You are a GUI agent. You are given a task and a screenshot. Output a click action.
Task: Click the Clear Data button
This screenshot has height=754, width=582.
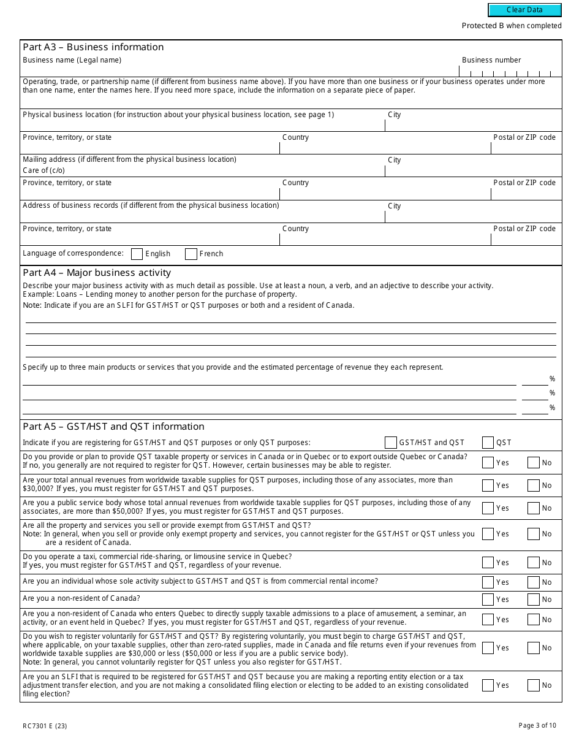(524, 10)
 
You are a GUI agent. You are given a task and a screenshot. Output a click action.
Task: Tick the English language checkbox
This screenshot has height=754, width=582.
(137, 254)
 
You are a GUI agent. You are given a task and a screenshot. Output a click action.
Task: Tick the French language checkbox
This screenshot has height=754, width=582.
(191, 254)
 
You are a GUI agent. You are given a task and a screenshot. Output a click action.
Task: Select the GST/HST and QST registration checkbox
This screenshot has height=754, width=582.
(391, 443)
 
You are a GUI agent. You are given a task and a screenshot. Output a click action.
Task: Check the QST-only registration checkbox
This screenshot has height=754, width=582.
(488, 443)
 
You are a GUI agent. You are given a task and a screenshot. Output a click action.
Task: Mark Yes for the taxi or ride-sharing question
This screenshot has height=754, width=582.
(488, 563)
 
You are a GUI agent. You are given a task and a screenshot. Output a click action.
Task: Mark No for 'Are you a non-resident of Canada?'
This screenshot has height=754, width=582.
(533, 600)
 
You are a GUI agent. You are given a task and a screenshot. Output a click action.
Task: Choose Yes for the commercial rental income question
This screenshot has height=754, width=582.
(488, 582)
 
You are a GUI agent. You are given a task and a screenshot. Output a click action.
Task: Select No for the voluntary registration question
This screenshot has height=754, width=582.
(533, 648)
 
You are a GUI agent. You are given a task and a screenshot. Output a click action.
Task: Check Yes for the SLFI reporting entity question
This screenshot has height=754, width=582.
(488, 685)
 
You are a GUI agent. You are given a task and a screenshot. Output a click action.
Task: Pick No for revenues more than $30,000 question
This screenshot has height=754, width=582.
(533, 486)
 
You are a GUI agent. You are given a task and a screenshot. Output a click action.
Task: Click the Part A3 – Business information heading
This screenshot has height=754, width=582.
(93, 47)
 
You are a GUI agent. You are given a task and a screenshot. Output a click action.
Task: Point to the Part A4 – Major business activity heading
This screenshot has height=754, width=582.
(97, 273)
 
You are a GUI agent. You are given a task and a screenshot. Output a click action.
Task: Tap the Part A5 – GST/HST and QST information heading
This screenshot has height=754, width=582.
(113, 427)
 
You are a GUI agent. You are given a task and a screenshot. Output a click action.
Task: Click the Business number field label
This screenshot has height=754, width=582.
(491, 60)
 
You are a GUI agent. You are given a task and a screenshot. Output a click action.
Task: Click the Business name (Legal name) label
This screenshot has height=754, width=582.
(72, 60)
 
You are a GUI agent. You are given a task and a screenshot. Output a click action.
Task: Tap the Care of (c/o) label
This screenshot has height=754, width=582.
(43, 170)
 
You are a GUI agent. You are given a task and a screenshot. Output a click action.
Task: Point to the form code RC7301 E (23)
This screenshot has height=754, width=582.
(46, 726)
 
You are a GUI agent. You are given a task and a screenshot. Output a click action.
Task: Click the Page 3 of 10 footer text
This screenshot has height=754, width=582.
(537, 726)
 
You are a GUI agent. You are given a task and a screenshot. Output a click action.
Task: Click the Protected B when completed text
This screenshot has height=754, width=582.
(512, 26)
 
